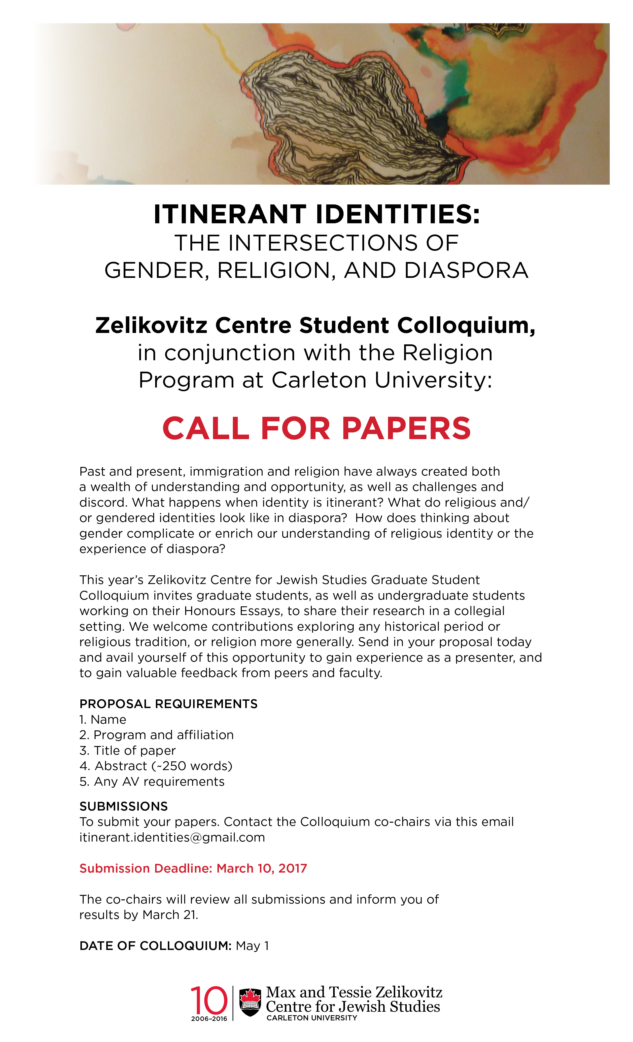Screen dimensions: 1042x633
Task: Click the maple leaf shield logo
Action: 250,1002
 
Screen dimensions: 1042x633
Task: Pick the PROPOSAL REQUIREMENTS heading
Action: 168,704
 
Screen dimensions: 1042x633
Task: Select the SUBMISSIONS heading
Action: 124,807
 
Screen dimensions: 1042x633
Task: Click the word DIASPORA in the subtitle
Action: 466,271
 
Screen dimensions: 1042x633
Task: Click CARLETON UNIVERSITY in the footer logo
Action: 312,1018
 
